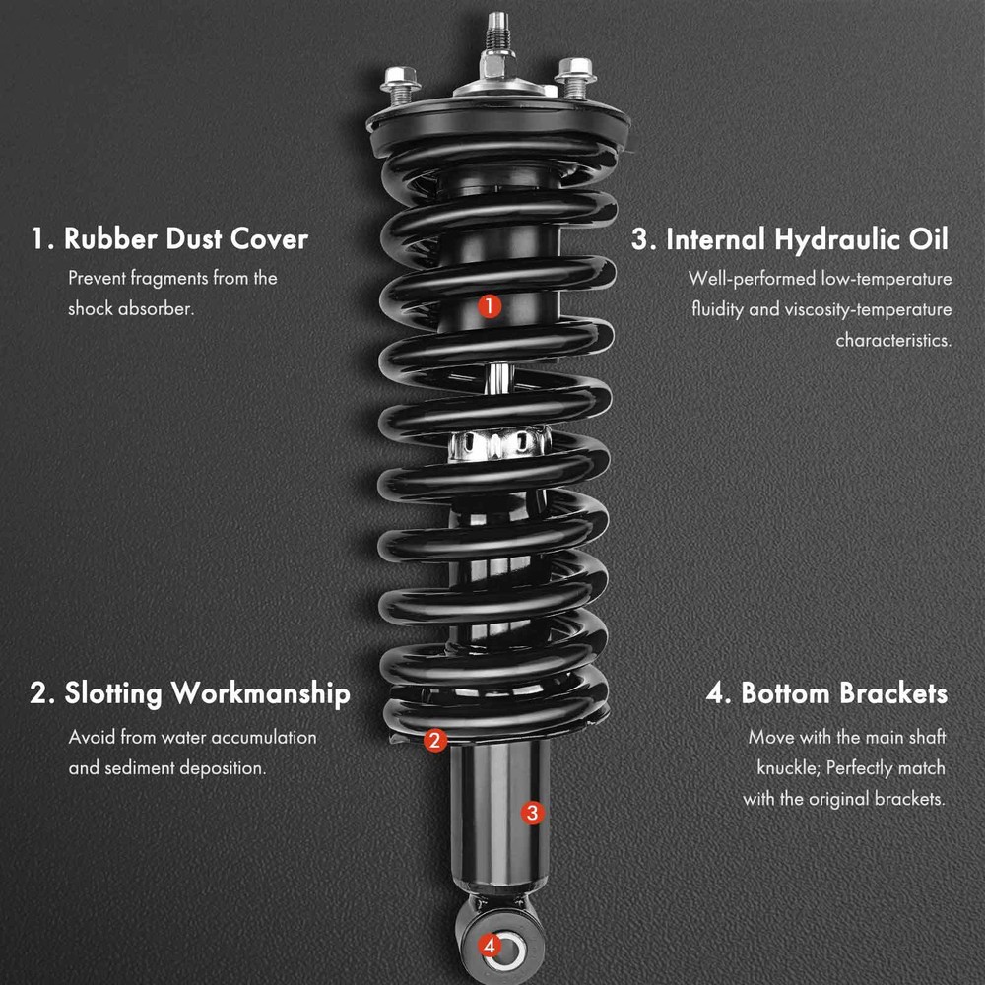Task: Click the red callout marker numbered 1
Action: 490,306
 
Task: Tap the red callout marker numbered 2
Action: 434,740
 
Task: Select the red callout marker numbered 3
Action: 532,813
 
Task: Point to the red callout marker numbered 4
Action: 490,945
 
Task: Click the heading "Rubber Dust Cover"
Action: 186,239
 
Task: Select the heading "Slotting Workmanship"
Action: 207,694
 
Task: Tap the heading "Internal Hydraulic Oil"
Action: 808,240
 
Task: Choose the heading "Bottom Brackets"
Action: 844,693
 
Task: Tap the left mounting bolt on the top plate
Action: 400,86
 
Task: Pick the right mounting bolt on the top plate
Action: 575,78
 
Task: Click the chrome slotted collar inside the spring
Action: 499,443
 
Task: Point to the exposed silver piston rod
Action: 498,379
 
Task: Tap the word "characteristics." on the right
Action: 893,340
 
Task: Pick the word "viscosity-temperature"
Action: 868,309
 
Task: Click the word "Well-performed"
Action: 752,279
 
